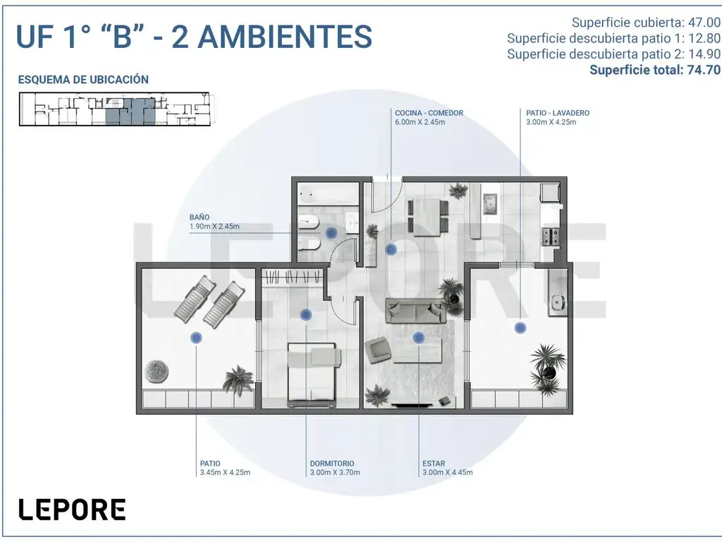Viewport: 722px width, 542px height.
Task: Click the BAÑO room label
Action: [200, 217]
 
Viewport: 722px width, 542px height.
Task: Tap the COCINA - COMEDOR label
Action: [429, 113]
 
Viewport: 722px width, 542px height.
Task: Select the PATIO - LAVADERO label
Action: [558, 113]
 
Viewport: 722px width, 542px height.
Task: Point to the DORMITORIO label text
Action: [332, 464]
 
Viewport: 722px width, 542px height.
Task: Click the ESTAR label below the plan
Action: [434, 464]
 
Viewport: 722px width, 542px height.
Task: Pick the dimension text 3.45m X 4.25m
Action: [225, 472]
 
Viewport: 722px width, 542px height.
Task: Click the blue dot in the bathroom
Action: [331, 233]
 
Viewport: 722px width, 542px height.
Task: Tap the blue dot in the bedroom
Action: [306, 315]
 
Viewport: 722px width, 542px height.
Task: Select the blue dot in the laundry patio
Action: [520, 327]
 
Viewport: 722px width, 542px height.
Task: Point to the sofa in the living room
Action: [416, 311]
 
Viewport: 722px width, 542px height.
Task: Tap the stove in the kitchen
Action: [551, 237]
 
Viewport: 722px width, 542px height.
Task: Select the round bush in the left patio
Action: [157, 371]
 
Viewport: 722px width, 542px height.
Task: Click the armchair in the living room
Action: [379, 350]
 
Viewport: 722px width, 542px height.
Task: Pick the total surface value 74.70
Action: [704, 70]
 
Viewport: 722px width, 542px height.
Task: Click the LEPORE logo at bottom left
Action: [73, 510]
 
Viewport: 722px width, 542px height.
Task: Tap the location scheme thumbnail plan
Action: [115, 109]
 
